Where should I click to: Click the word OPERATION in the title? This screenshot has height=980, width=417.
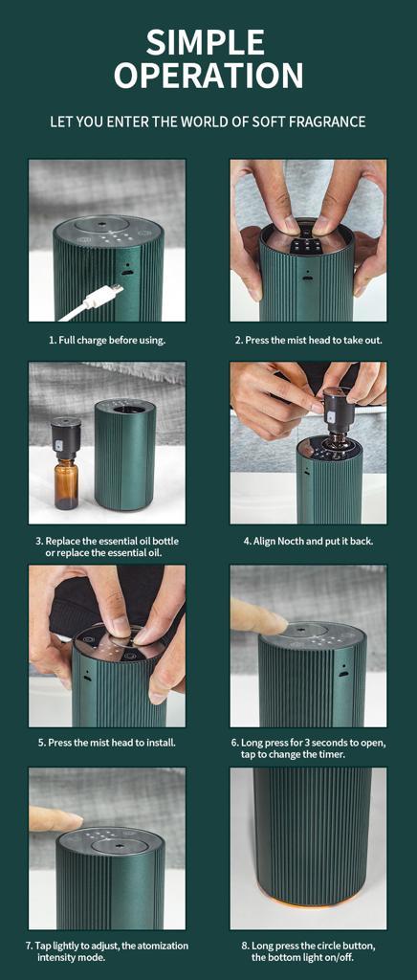208,75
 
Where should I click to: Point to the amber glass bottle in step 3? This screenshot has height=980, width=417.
66,484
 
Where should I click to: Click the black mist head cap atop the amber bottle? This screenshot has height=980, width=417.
66,438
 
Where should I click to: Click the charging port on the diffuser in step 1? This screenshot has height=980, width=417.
126,273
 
